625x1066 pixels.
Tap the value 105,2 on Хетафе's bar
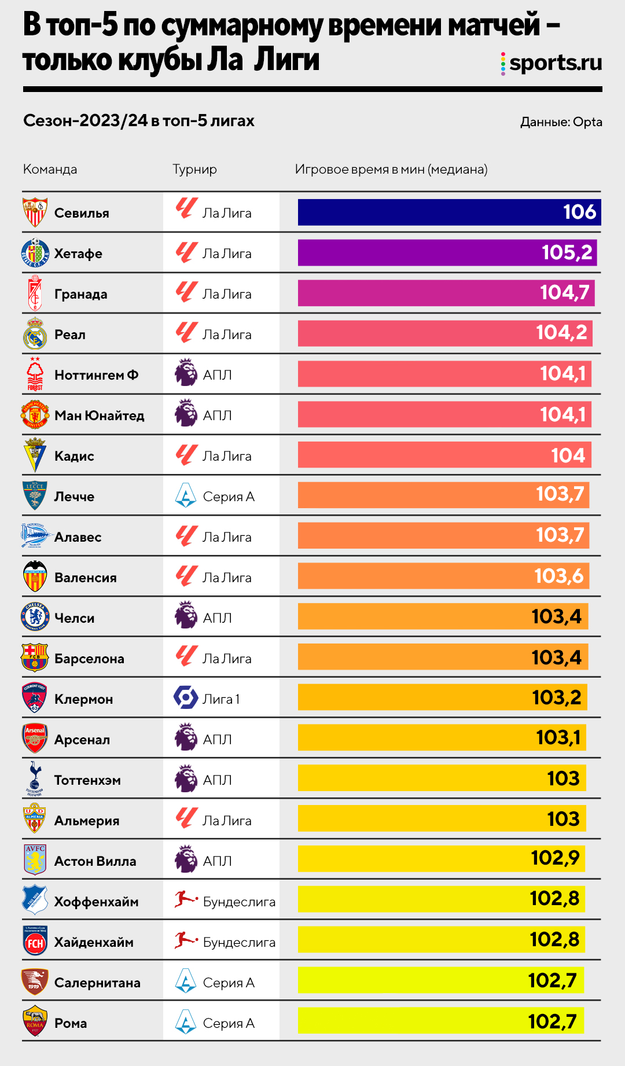tap(567, 252)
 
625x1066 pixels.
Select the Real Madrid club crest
tap(35, 334)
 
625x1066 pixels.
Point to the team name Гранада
tap(80, 294)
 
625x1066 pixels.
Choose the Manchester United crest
tap(35, 415)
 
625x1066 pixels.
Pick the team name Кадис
tap(74, 456)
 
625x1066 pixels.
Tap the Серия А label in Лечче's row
tap(229, 497)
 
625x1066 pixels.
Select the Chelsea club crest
tap(35, 617)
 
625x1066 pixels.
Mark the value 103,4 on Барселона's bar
tap(556, 657)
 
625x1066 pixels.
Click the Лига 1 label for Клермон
tap(220, 699)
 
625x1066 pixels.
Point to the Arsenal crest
tap(35, 738)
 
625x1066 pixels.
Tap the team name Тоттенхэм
tap(87, 780)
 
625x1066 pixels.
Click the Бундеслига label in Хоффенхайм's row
tap(239, 902)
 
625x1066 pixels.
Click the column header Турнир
tap(194, 170)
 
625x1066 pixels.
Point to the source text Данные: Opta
tap(561, 122)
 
